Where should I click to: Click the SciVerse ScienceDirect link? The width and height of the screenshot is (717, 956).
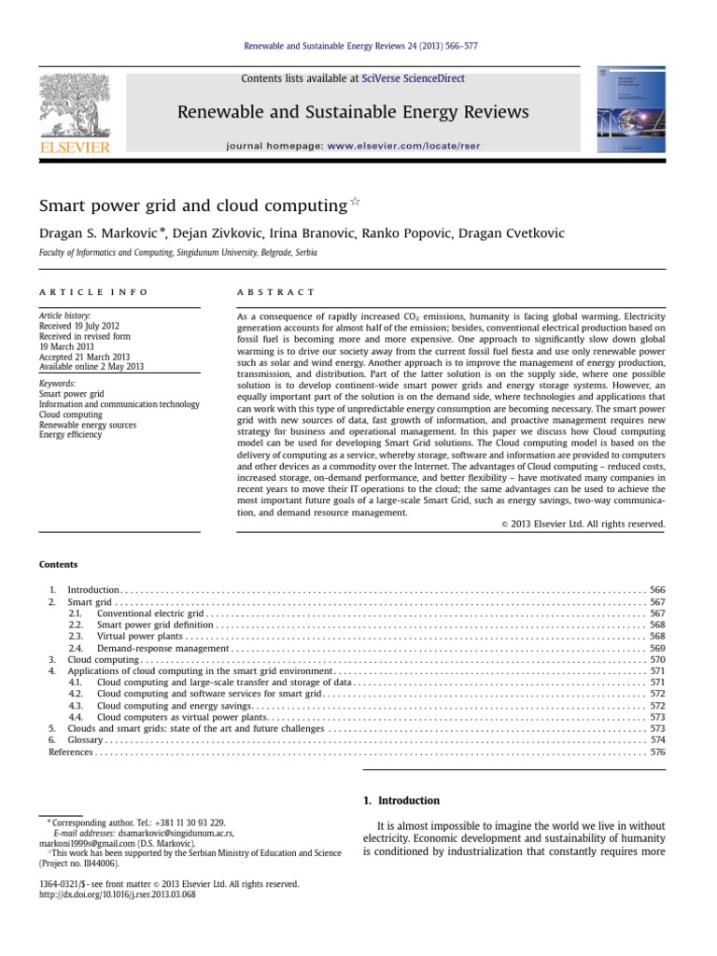pos(419,79)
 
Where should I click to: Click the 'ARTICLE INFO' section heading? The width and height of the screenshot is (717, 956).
pos(92,292)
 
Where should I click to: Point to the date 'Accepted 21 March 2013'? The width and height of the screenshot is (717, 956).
pos(90,357)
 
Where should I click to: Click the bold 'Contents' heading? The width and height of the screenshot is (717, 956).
pos(58,564)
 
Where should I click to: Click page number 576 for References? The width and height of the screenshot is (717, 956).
pos(656,751)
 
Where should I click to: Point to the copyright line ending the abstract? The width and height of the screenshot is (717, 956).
pos(583,524)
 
